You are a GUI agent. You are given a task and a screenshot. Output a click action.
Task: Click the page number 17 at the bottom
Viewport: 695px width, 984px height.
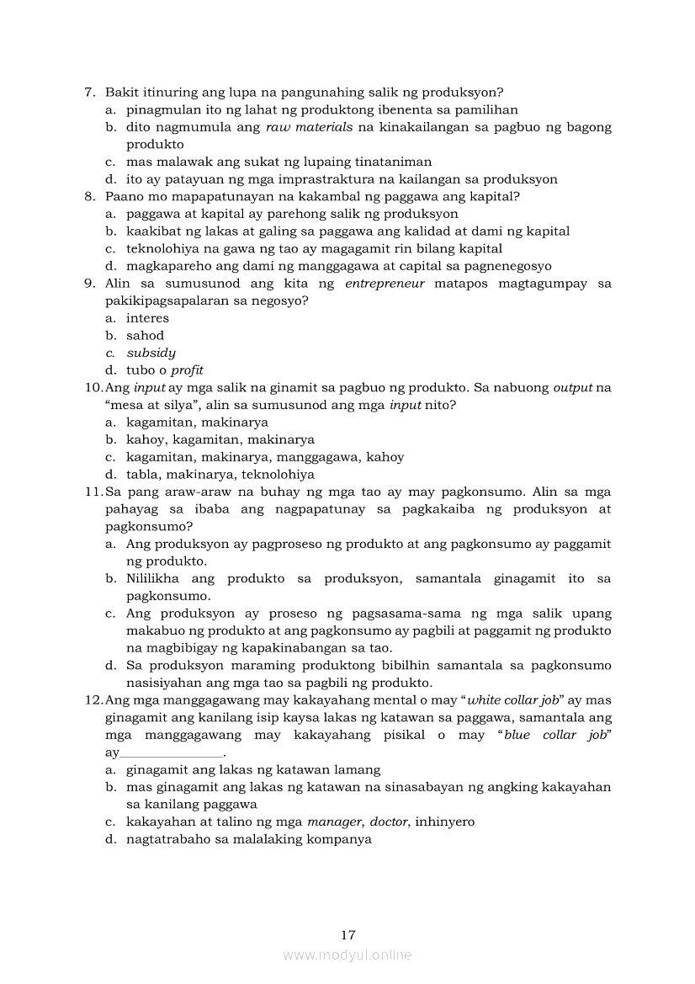(x=348, y=934)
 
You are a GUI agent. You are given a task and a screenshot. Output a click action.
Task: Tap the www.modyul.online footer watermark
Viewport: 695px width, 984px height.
(x=347, y=955)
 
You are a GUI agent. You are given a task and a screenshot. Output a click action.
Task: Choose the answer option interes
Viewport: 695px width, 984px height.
(x=147, y=318)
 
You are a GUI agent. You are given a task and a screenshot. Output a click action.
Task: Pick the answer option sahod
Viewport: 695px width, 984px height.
(x=146, y=336)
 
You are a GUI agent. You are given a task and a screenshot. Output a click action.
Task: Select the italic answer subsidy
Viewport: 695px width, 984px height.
(x=151, y=354)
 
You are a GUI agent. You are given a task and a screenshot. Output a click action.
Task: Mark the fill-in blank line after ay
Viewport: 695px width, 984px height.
(x=172, y=753)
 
